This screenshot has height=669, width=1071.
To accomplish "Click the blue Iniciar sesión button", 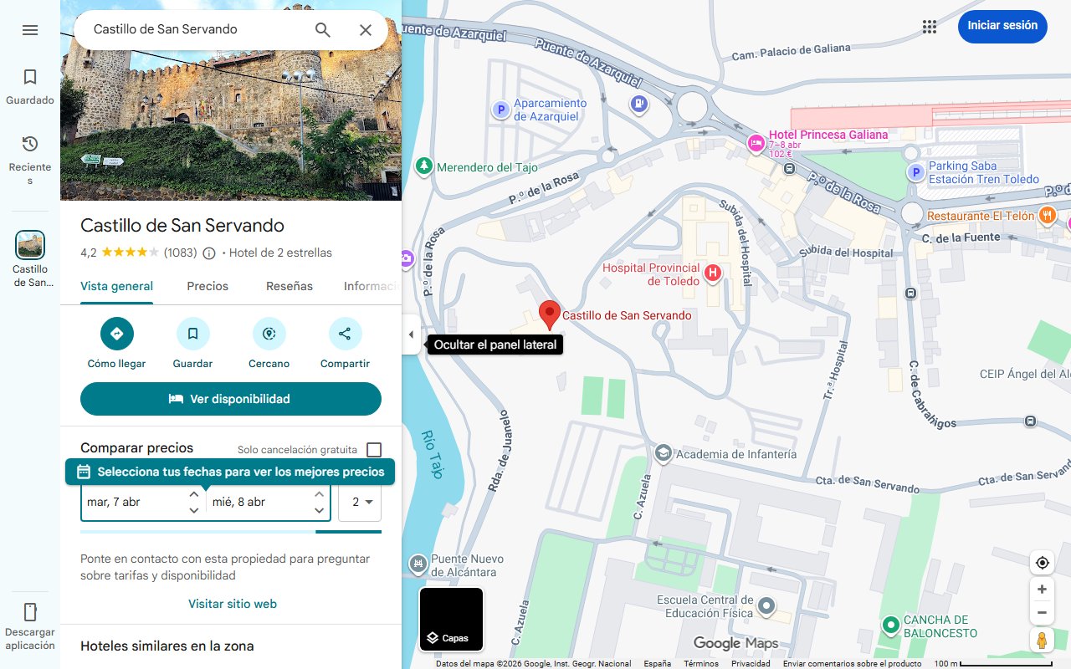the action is (x=1002, y=26).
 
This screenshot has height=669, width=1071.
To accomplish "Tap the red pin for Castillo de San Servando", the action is (x=549, y=314).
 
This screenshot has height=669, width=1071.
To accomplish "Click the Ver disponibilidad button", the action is (x=231, y=399).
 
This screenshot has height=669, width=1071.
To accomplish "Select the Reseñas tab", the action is (x=290, y=286).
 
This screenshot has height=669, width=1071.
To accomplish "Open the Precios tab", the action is (x=208, y=286).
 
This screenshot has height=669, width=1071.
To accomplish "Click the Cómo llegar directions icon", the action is (x=117, y=334).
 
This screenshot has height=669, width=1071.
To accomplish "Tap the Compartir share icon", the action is (x=345, y=334).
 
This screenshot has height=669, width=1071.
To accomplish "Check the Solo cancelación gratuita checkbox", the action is (x=374, y=450).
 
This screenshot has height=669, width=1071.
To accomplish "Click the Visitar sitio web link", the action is (x=233, y=604).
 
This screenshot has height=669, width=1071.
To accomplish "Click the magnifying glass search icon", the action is (x=323, y=30).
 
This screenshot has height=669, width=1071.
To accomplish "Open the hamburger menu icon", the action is (x=30, y=30).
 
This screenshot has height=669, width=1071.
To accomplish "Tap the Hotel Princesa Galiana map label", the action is (x=828, y=135).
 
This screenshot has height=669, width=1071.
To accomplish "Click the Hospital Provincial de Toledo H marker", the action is (x=713, y=273).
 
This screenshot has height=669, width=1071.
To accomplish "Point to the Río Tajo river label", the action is (x=432, y=453).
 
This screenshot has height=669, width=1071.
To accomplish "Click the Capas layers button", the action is (x=451, y=620).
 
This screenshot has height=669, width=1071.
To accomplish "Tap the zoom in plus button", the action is (x=1042, y=590).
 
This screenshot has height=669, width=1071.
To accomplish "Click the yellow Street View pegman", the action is (x=1042, y=641).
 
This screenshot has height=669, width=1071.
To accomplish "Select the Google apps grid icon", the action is (x=930, y=27).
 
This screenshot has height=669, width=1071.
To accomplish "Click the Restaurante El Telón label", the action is (x=981, y=216).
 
